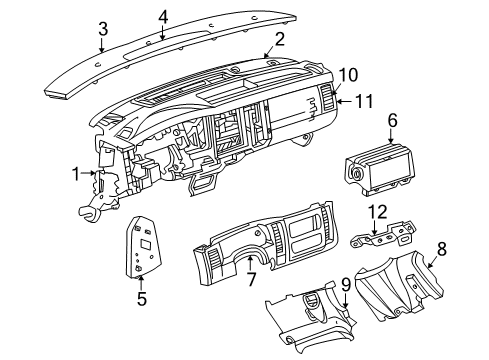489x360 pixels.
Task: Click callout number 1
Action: pyautogui.click(x=76, y=175)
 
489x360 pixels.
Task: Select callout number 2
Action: pyautogui.click(x=280, y=39)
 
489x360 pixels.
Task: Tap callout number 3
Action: pyautogui.click(x=101, y=30)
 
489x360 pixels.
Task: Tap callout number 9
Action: pyautogui.click(x=345, y=284)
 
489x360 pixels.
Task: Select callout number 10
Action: pyautogui.click(x=346, y=75)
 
